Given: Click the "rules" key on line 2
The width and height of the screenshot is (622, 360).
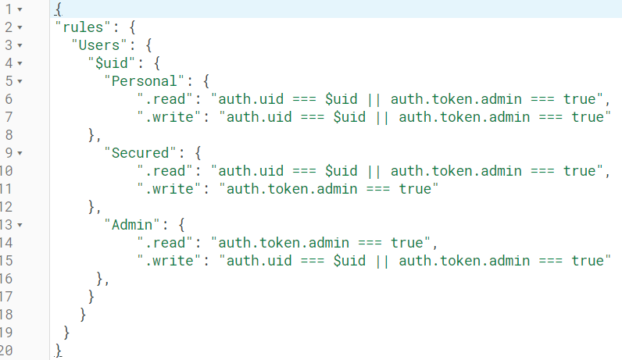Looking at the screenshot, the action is (84, 27).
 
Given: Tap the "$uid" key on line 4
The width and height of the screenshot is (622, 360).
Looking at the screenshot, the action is (112, 63).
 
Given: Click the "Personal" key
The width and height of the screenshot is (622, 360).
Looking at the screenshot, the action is (144, 81).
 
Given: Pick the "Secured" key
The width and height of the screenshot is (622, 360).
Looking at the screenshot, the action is (140, 153).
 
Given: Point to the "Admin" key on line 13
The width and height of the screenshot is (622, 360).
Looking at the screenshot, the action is (132, 225).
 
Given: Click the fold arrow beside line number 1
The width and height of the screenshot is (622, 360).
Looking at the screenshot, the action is (20, 9).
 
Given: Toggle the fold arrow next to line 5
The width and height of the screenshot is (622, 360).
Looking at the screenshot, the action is (20, 81).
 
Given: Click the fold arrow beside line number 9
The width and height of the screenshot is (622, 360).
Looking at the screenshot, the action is (20, 153).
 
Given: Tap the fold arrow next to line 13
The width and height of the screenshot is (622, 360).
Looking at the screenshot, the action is (20, 225).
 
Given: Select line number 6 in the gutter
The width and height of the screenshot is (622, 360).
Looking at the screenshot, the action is (9, 99).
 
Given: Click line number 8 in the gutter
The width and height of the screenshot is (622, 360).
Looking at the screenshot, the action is (9, 135).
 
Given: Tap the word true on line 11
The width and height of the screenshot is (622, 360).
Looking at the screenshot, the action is (415, 189).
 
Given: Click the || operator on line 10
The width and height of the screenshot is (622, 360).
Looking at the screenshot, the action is (374, 171).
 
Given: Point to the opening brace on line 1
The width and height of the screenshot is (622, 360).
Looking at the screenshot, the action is (59, 9).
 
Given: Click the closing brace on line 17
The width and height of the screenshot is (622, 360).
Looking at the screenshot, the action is (91, 297).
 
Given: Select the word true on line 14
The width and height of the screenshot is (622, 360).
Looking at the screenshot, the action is (406, 243).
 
